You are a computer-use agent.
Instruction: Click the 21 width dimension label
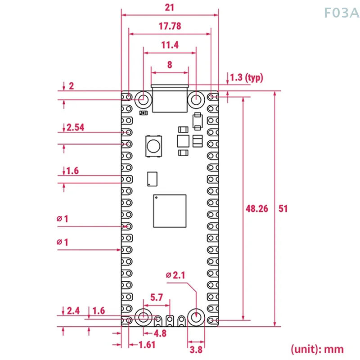170,7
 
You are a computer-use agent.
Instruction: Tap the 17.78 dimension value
170,26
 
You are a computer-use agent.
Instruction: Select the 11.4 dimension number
170,45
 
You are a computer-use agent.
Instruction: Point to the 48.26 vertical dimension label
257,208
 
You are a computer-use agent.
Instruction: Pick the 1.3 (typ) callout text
246,78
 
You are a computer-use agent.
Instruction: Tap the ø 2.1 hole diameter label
176,274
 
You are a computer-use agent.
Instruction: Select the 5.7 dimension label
157,297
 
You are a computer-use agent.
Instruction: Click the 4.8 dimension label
160,333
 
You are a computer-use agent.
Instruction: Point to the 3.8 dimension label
196,349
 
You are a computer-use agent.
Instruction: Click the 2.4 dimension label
73,310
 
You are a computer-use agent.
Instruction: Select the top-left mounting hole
144,99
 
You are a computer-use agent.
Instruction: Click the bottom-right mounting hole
196,317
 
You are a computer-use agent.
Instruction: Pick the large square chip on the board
170,211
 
